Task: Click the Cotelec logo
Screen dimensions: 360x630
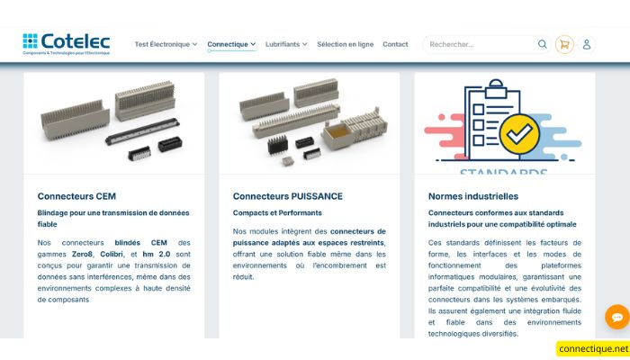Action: pyautogui.click(x=66, y=44)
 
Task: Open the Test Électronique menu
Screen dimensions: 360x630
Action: pyautogui.click(x=166, y=44)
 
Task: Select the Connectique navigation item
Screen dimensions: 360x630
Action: pyautogui.click(x=231, y=44)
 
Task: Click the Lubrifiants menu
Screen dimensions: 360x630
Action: pyautogui.click(x=286, y=44)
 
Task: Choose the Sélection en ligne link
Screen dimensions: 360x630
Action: pyautogui.click(x=345, y=44)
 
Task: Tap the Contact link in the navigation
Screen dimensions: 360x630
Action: pyautogui.click(x=395, y=44)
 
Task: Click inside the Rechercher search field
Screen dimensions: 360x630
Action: pyautogui.click(x=477, y=44)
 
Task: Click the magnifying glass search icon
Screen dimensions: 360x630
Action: pyautogui.click(x=543, y=44)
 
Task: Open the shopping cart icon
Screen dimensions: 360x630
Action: pyautogui.click(x=564, y=44)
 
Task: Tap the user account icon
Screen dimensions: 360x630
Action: pyautogui.click(x=587, y=44)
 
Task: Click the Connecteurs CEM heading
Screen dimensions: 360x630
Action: pyautogui.click(x=76, y=196)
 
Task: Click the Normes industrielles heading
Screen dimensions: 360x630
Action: pyautogui.click(x=472, y=196)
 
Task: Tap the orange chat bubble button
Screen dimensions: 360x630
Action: pyautogui.click(x=616, y=317)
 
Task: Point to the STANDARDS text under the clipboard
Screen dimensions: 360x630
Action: pyautogui.click(x=503, y=170)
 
